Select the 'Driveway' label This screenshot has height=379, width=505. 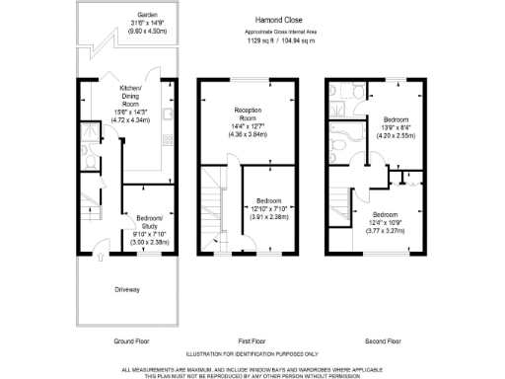(127, 289)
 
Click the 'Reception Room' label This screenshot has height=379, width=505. (247, 114)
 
